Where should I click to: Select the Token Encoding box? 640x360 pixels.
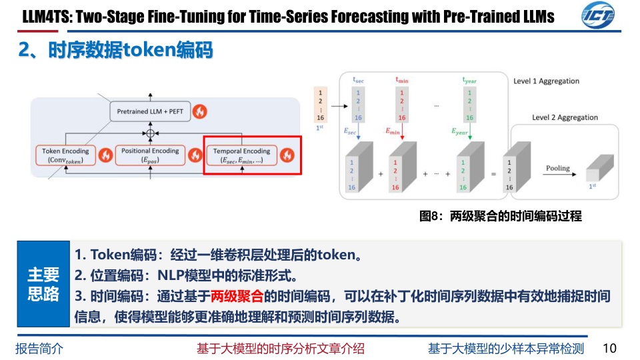(65, 155)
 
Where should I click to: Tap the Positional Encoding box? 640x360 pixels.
(150, 155)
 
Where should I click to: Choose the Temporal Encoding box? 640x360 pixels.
(241, 155)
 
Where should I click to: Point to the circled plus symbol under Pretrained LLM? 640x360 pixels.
(151, 133)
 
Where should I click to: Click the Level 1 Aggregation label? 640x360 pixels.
(546, 81)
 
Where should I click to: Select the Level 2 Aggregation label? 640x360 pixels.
(565, 117)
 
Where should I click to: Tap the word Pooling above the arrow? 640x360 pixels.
(557, 168)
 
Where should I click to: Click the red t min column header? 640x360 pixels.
(401, 80)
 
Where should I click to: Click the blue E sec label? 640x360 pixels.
(349, 132)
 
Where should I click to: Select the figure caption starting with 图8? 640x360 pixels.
(500, 216)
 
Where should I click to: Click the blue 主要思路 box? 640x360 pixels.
(43, 284)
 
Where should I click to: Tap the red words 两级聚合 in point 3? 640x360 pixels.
(237, 295)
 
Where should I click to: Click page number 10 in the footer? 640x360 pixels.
(609, 348)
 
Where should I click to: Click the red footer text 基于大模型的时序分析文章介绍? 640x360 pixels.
(281, 348)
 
